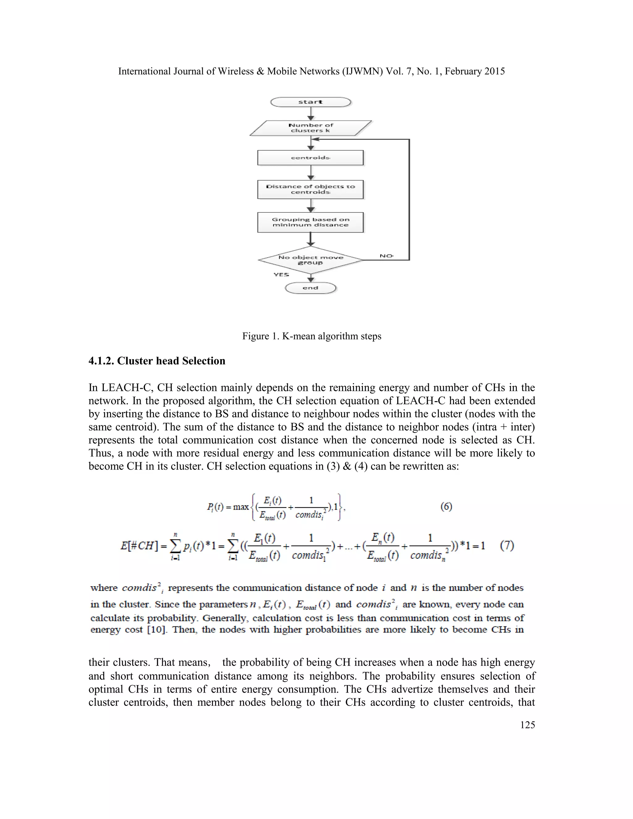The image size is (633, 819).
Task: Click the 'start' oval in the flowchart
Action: (311, 102)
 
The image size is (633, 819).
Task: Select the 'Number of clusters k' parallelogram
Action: (311, 128)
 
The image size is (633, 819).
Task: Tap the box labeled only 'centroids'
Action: (311, 158)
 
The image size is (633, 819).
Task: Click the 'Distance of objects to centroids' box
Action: (311, 189)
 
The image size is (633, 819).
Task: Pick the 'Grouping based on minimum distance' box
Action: (311, 223)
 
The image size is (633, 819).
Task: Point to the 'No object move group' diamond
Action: (311, 260)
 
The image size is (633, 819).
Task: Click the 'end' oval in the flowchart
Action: (311, 288)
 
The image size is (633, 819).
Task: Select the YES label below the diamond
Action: (281, 274)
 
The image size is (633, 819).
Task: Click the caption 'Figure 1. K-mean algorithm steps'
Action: (312, 336)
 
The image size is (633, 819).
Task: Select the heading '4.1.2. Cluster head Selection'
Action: (157, 361)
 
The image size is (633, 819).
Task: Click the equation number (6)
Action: (446, 507)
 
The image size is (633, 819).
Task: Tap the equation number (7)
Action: (507, 545)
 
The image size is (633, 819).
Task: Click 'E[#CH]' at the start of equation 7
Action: (138, 545)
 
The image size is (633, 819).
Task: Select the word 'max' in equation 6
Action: (241, 507)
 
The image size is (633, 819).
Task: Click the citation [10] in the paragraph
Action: (156, 630)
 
